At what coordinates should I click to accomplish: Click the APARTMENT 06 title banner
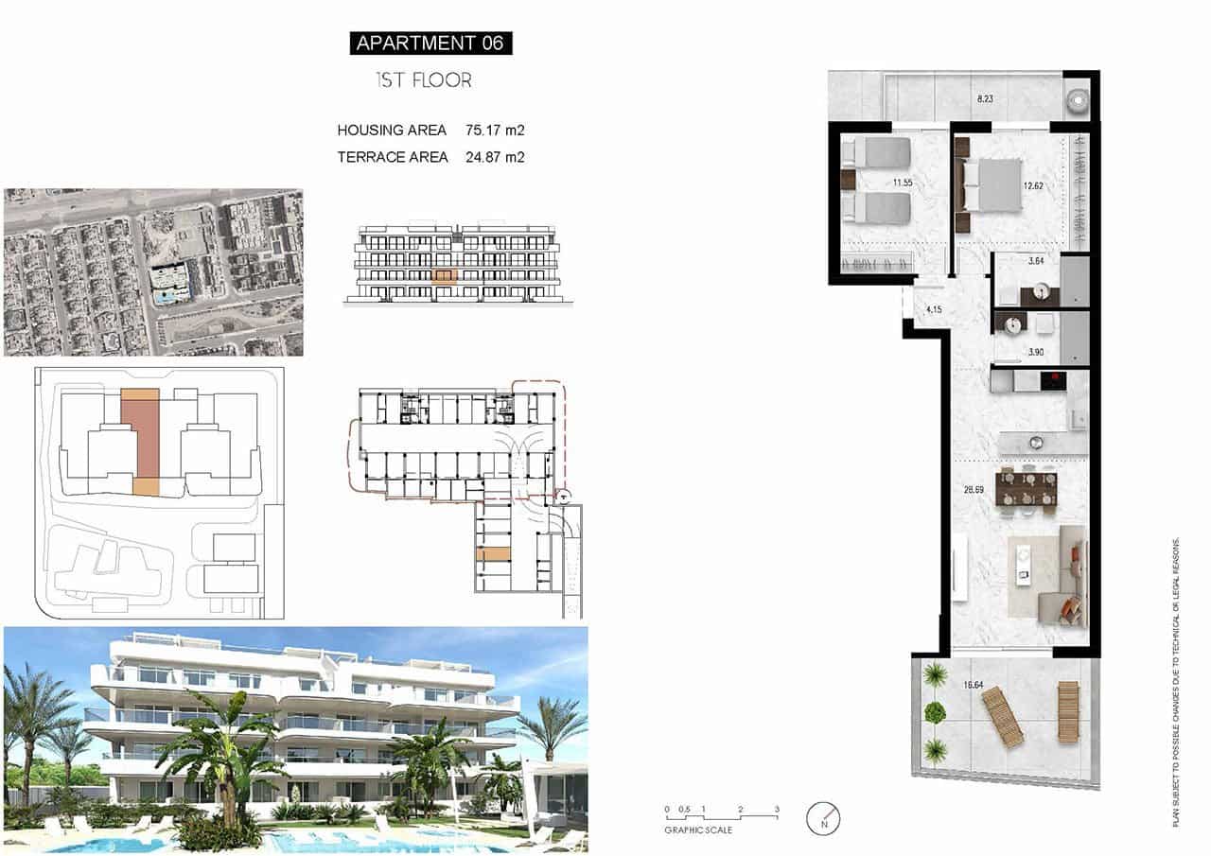coord(430,43)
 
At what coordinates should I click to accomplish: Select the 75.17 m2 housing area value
coord(495,130)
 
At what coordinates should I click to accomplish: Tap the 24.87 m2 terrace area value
coord(495,157)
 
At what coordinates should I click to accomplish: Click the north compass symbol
coord(823,817)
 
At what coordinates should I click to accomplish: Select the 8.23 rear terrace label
coord(986,97)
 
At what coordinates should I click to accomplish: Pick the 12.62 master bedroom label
coord(1034,186)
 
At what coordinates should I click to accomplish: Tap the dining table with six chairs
coord(1026,489)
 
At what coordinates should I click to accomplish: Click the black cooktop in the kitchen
coord(1053,381)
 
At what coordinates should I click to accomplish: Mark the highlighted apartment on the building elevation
coord(444,276)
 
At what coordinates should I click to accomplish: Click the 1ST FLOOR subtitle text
coord(423,80)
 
